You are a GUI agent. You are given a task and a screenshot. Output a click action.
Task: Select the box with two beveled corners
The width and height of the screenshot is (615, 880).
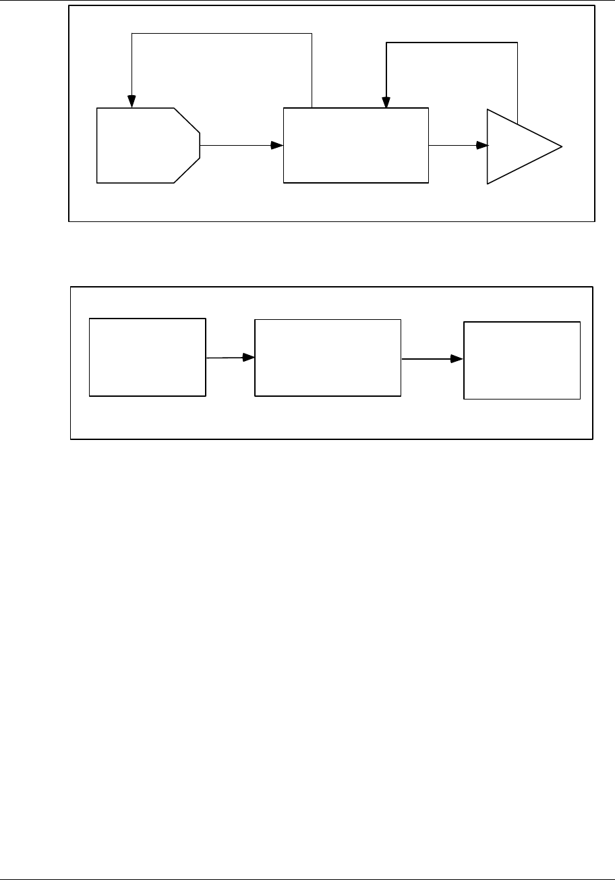(x=146, y=145)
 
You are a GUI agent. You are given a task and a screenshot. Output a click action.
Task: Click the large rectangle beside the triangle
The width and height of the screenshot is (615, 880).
(x=355, y=145)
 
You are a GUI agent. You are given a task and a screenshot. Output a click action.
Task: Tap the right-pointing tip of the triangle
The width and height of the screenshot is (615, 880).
(x=561, y=146)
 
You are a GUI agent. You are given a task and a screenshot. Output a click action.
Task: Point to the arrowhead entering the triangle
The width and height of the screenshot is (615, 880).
(x=482, y=146)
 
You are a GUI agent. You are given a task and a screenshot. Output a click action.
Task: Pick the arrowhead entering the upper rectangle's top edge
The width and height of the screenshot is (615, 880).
(x=386, y=102)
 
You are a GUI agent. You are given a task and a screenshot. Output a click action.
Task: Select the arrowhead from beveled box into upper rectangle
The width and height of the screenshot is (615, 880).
(x=277, y=146)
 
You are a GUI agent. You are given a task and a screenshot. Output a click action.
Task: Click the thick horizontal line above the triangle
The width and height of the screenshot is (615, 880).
(x=451, y=43)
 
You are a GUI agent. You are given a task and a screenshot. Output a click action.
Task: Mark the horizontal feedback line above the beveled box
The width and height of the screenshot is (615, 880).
(x=222, y=34)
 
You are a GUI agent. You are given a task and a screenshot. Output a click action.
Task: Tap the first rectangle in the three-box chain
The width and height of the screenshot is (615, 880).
(x=148, y=357)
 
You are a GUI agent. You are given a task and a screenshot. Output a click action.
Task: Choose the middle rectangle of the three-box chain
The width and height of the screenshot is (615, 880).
(x=327, y=358)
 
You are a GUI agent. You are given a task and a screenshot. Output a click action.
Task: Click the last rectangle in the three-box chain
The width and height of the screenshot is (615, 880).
(x=522, y=360)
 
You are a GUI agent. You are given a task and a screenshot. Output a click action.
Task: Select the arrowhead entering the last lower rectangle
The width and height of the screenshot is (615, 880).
(x=458, y=359)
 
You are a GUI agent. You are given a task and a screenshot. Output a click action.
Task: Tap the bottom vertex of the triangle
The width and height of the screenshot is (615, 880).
(x=488, y=184)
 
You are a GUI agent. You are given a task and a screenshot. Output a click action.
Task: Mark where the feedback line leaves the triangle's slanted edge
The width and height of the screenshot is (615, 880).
(x=517, y=123)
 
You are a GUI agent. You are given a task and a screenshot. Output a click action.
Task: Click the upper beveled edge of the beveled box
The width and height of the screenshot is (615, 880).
(x=187, y=119)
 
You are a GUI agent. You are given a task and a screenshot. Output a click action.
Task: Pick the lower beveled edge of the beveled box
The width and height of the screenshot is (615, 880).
(x=187, y=170)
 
